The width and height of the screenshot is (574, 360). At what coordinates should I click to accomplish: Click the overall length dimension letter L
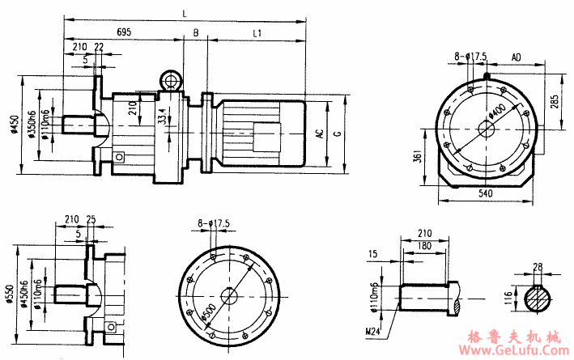(186, 13)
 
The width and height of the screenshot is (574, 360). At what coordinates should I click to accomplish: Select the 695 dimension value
(125, 32)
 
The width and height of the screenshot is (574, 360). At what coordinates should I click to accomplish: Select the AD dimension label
(516, 57)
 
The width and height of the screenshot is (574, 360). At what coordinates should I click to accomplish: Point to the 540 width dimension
(487, 195)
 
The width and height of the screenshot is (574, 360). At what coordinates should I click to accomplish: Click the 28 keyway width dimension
(538, 266)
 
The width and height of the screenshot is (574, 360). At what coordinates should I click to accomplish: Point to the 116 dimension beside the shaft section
(508, 299)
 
